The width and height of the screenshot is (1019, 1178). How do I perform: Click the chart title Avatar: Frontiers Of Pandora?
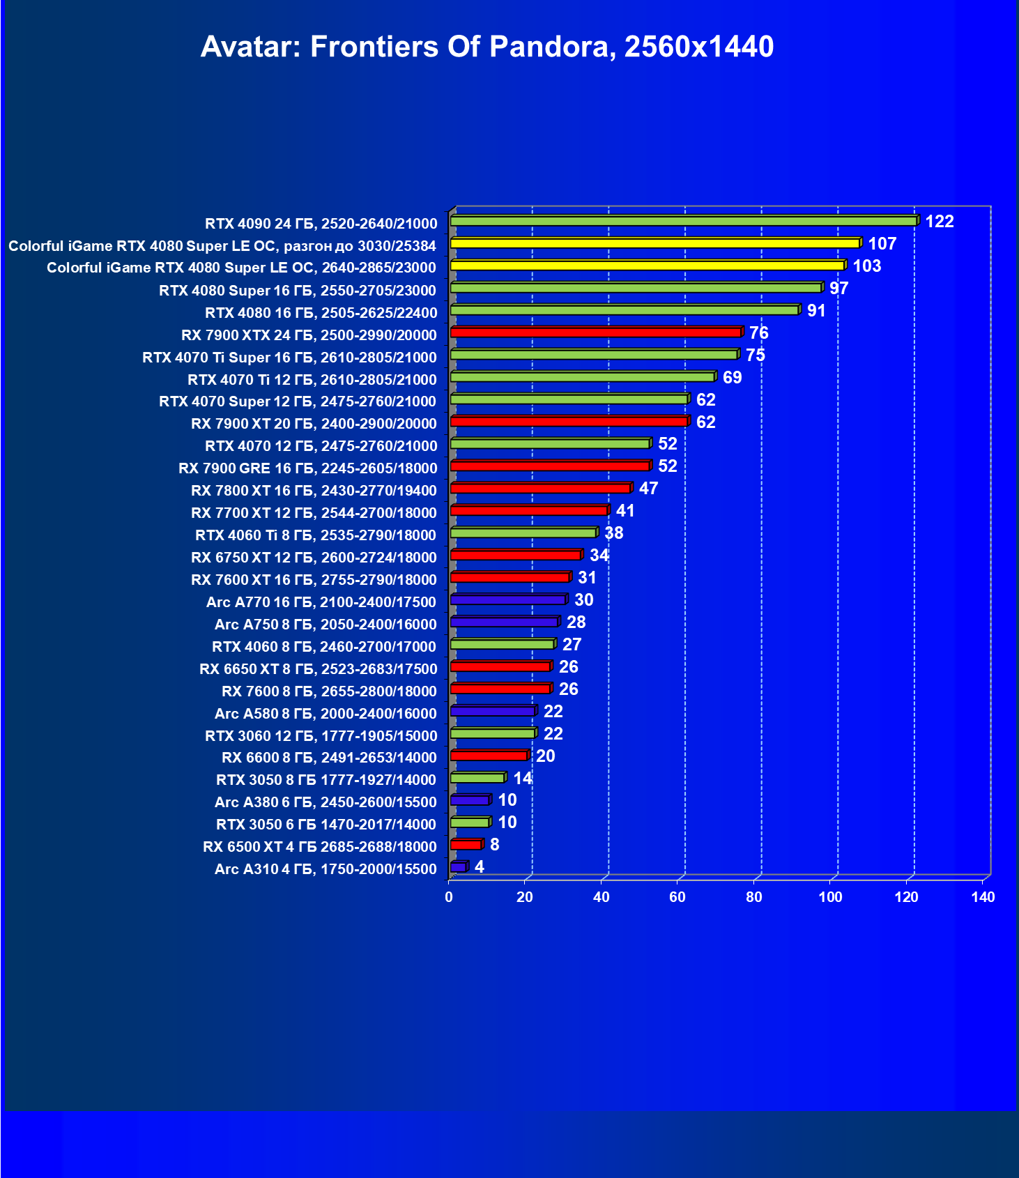point(486,47)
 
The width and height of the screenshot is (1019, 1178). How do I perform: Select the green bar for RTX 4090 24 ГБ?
point(683,221)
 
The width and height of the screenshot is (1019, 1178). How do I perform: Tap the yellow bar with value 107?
point(655,243)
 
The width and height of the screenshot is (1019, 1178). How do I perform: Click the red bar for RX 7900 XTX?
point(596,332)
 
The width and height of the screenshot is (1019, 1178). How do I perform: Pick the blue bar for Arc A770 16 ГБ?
point(508,599)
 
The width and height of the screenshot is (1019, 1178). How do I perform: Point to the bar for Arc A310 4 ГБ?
point(459,867)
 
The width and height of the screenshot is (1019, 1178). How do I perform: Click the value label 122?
point(939,222)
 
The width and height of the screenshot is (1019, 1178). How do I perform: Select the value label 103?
point(866,266)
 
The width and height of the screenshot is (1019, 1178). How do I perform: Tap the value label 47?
point(648,489)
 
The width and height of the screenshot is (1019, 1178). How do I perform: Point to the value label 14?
point(522,779)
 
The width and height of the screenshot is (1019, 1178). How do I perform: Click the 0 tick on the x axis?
point(449,897)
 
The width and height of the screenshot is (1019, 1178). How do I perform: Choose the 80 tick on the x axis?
point(754,897)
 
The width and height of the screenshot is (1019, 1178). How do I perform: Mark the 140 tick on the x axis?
point(983,897)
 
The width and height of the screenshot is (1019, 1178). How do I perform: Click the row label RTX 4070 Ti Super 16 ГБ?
point(289,358)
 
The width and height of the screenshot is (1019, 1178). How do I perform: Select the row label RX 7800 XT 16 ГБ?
point(314,491)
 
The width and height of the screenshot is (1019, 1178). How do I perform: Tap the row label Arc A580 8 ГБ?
point(325,714)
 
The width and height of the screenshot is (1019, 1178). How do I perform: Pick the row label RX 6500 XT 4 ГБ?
point(319,847)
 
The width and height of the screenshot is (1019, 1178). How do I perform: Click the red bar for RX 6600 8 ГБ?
point(489,756)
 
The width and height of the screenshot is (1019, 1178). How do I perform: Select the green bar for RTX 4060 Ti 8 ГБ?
point(523,533)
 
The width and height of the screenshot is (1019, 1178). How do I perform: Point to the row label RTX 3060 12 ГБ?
point(321,736)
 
